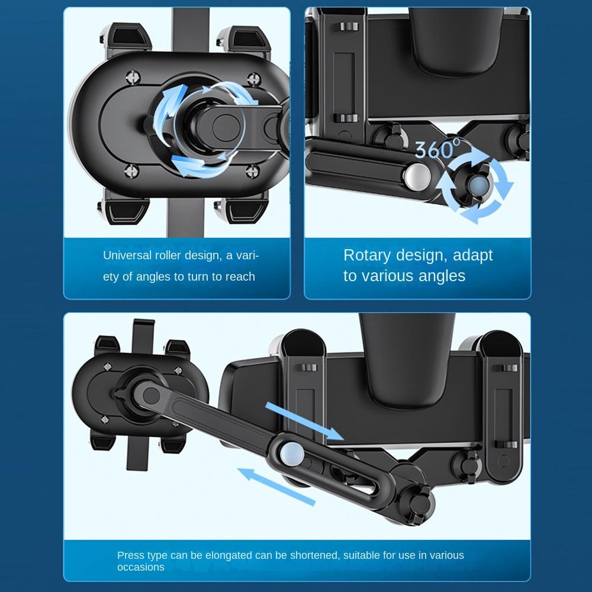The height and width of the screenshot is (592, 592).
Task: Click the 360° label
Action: (x=437, y=149)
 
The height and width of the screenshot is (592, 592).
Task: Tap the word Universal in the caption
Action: (x=128, y=256)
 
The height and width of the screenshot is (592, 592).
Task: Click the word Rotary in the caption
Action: (x=366, y=255)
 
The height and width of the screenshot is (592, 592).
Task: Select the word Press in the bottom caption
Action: (x=130, y=555)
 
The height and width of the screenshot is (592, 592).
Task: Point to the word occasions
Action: (x=141, y=567)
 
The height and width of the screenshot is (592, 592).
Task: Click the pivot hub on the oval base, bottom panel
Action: (x=141, y=391)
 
